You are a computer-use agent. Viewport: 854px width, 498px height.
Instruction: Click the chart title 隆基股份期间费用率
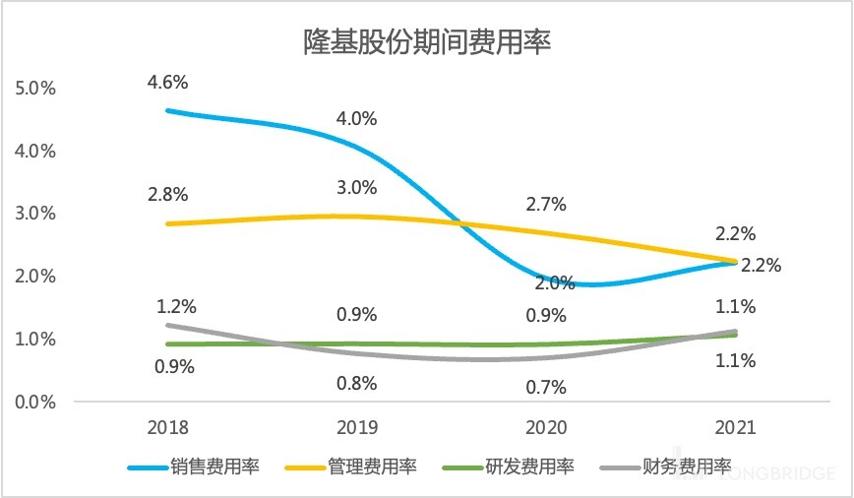[x=426, y=42]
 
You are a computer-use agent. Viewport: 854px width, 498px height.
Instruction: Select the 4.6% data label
[x=166, y=82]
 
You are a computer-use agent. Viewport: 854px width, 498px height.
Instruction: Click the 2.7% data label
[x=546, y=205]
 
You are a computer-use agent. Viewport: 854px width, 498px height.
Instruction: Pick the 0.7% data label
[x=546, y=387]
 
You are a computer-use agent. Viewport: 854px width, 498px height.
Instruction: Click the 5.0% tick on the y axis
[x=36, y=88]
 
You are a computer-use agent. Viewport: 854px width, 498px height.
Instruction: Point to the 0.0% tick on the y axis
[x=36, y=402]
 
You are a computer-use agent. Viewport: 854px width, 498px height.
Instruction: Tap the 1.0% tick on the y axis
[x=36, y=339]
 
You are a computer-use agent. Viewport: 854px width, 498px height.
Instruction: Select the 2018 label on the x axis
[x=167, y=428]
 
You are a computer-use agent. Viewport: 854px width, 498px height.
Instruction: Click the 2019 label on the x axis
[x=357, y=428]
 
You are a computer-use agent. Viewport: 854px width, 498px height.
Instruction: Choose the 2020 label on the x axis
[x=546, y=428]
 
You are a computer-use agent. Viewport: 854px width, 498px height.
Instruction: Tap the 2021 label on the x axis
[x=735, y=428]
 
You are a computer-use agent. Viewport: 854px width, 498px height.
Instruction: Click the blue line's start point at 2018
[x=167, y=110]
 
